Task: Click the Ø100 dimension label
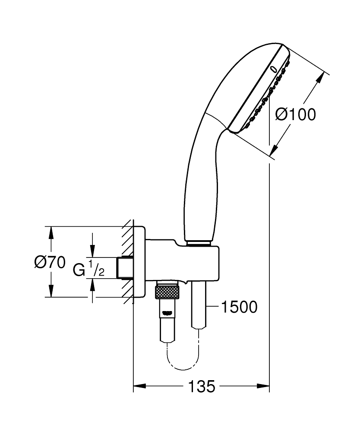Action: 296,114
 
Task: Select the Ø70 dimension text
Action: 50,262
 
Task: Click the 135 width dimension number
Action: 201,386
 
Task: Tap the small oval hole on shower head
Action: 273,68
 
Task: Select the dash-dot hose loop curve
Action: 183,361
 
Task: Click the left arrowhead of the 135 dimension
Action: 138,386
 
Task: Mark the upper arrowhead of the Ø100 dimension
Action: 320,79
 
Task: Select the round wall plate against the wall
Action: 139,262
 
